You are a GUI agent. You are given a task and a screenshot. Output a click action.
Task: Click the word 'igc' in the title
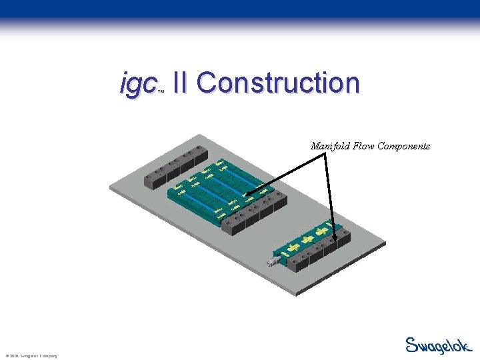coord(137,85)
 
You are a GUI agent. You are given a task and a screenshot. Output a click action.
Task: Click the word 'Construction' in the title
coord(278,83)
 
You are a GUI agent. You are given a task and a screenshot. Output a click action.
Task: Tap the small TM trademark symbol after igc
coord(161,93)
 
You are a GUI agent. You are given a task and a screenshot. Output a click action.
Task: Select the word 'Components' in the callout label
coord(404,146)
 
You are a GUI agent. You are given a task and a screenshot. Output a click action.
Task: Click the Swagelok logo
coord(438,345)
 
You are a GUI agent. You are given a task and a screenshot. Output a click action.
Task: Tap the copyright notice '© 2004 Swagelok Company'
coord(31,356)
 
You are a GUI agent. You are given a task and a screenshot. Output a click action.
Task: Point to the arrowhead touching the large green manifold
coord(246,195)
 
